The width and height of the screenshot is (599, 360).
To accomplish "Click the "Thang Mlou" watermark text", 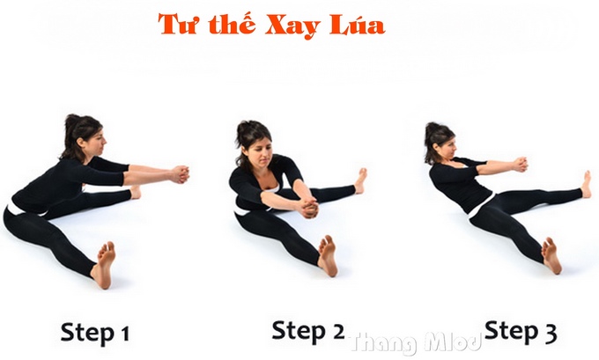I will pos(414,341).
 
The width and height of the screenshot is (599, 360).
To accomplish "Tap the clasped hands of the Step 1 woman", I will pos(180,173).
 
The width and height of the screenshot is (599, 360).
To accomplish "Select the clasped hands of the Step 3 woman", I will pos(520,164).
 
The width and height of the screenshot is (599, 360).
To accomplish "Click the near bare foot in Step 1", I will pos(104,263).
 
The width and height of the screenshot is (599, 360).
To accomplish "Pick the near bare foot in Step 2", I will pos(327,255).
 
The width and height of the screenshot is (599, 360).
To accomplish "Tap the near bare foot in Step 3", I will pos(551,255).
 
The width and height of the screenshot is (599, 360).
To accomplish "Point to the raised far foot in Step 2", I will pos(360,180).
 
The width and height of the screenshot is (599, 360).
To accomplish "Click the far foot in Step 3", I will pos(585,184).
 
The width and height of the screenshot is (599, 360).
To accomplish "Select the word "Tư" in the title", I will pos(177,25).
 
